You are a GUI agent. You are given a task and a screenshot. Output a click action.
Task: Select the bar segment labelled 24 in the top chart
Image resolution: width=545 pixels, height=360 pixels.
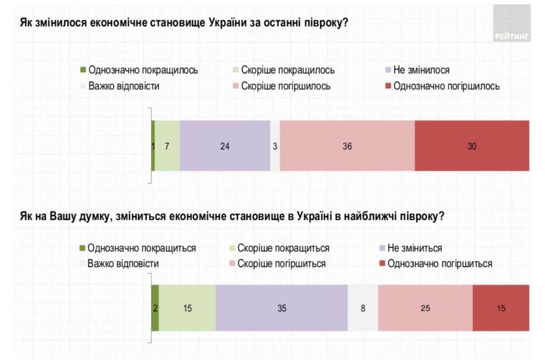pyautogui.click(x=225, y=146)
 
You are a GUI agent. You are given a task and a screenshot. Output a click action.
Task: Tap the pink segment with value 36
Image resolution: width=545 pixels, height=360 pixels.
pyautogui.click(x=347, y=146)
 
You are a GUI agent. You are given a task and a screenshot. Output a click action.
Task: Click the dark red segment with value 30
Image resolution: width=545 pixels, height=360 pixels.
pyautogui.click(x=472, y=146)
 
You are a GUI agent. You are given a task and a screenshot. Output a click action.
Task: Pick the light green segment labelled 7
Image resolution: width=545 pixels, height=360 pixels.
pyautogui.click(x=167, y=146)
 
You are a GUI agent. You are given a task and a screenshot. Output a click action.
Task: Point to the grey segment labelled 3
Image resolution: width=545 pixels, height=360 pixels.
pyautogui.click(x=275, y=146)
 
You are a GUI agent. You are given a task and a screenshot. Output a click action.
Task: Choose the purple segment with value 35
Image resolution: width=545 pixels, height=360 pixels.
pyautogui.click(x=282, y=308)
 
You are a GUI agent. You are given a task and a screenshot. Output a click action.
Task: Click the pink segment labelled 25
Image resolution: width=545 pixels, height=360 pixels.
pyautogui.click(x=425, y=308)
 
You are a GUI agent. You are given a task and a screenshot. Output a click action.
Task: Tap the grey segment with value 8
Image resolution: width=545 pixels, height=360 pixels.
pyautogui.click(x=363, y=308)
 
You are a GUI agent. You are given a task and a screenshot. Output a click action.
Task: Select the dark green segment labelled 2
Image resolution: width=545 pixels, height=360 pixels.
pyautogui.click(x=155, y=308)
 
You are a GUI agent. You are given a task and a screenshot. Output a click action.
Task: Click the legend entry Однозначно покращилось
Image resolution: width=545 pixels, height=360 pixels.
pyautogui.click(x=144, y=70)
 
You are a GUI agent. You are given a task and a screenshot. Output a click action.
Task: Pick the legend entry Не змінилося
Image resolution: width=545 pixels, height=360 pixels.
pyautogui.click(x=421, y=70)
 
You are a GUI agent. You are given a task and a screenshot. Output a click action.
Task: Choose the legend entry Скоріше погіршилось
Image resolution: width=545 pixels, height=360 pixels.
pyautogui.click(x=286, y=86)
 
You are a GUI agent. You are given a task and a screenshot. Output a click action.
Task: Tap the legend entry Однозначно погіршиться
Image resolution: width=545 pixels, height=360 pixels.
pyautogui.click(x=440, y=264)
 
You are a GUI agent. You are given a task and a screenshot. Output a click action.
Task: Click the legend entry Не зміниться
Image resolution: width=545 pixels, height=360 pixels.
pyautogui.click(x=414, y=248)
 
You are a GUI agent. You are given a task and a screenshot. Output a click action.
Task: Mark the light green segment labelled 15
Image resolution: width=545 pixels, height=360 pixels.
pyautogui.click(x=187, y=308)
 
